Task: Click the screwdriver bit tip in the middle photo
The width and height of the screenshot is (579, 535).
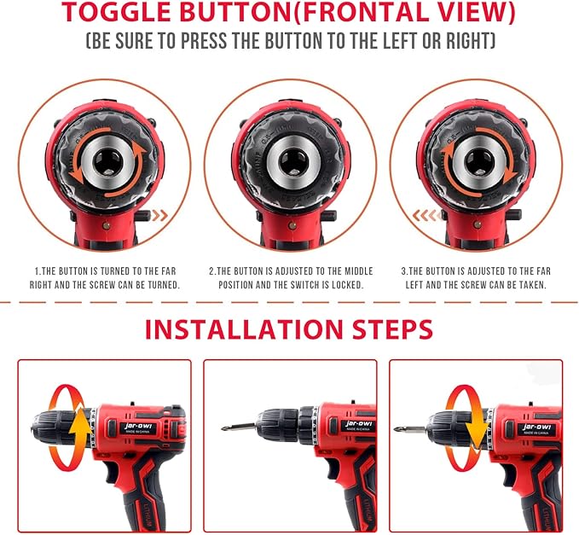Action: tap(226, 428)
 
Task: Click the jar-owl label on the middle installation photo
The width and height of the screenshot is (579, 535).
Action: tap(355, 423)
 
